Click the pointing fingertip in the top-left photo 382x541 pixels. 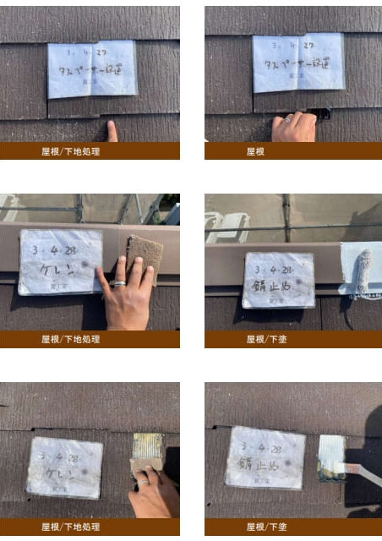[x=112, y=127]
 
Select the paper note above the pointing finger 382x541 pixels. [x=92, y=68]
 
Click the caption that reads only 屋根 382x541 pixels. [x=256, y=151]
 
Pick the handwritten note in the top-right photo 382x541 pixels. [x=297, y=63]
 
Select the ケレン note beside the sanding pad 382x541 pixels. [x=60, y=262]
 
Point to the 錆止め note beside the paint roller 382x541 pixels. [x=278, y=280]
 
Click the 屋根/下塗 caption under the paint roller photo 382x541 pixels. [x=267, y=339]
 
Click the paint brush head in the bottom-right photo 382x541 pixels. [x=331, y=456]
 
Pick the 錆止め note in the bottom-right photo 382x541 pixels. [x=265, y=457]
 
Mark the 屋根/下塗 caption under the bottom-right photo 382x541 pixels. [x=267, y=527]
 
